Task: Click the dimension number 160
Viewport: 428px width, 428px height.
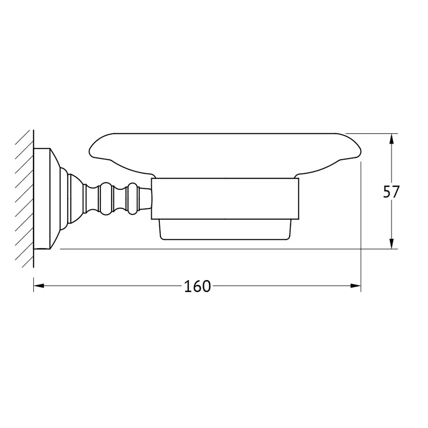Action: click(197, 286)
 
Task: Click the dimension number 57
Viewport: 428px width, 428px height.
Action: click(391, 192)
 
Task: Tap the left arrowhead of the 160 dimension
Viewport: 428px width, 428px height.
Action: click(39, 286)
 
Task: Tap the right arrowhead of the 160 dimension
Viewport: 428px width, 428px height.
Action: click(355, 286)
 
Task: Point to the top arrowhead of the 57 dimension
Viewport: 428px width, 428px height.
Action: click(391, 139)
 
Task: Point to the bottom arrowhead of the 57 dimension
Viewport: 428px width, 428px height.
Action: click(391, 243)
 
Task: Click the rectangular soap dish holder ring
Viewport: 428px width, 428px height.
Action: click(225, 199)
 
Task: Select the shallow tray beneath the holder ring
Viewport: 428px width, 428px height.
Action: click(225, 230)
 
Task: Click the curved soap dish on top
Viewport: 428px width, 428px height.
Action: click(225, 154)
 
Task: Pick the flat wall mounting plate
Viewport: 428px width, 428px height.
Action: click(42, 199)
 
